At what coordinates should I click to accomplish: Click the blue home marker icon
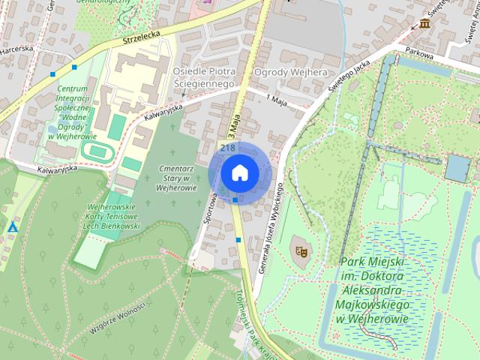point(239,172)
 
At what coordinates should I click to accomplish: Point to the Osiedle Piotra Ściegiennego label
point(204,77)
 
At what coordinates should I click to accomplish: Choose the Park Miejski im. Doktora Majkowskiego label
point(373,290)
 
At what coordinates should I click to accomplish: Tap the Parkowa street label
point(420,52)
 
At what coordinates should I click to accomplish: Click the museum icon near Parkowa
point(426,25)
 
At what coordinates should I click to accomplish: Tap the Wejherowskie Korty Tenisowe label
point(111,216)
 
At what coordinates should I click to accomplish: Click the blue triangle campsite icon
point(13,226)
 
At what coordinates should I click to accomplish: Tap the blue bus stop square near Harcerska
point(52,75)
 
